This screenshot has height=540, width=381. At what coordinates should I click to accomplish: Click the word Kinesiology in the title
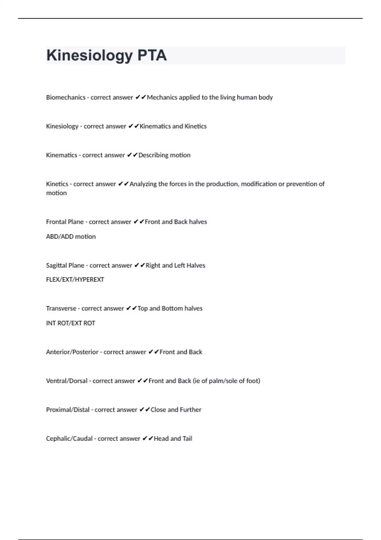point(89,56)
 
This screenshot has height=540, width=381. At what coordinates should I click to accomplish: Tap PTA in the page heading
point(152,56)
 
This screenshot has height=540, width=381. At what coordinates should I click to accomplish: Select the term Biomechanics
point(66,98)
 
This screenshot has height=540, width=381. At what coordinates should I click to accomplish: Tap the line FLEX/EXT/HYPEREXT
point(75,280)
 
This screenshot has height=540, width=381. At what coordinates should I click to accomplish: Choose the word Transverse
point(61,308)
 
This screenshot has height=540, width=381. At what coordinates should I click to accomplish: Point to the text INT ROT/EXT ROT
point(70,323)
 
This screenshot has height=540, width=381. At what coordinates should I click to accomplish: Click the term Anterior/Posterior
point(72,352)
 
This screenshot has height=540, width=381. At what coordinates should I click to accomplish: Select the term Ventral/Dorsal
point(67,381)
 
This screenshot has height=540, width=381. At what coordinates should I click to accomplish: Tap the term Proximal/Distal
point(68,410)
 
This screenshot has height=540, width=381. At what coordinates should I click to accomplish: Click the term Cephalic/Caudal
point(69,439)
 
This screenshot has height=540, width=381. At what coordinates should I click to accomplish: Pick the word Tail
point(187,439)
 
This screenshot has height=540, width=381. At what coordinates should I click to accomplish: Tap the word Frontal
point(56,222)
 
